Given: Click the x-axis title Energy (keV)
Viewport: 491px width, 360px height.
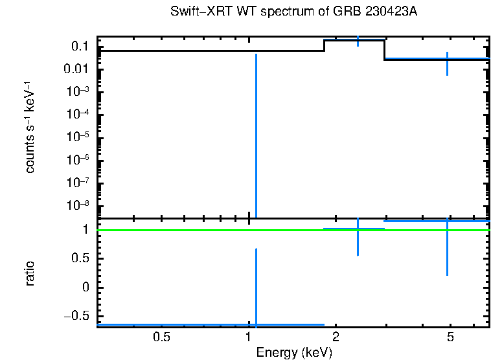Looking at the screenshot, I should (294, 352).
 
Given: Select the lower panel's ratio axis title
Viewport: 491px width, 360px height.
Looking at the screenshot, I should (30, 273).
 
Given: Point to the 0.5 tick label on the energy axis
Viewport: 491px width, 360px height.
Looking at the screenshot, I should (161, 337).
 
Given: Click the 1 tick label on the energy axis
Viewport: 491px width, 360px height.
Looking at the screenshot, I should (249, 337).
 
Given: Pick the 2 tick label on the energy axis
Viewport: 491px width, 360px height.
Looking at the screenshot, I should (336, 337).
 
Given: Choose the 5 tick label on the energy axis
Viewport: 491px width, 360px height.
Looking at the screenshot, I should (451, 337).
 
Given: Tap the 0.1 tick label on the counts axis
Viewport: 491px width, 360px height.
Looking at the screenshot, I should (80, 47).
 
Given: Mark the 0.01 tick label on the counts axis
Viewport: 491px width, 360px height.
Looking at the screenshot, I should (76, 69).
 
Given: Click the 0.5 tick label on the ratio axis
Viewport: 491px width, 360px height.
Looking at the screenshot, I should (80, 258).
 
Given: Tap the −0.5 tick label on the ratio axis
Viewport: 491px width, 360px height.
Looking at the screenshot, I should (76, 316).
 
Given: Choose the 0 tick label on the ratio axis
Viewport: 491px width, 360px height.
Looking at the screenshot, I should (86, 287).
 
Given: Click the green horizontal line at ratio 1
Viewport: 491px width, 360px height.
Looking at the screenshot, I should (194, 230).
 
